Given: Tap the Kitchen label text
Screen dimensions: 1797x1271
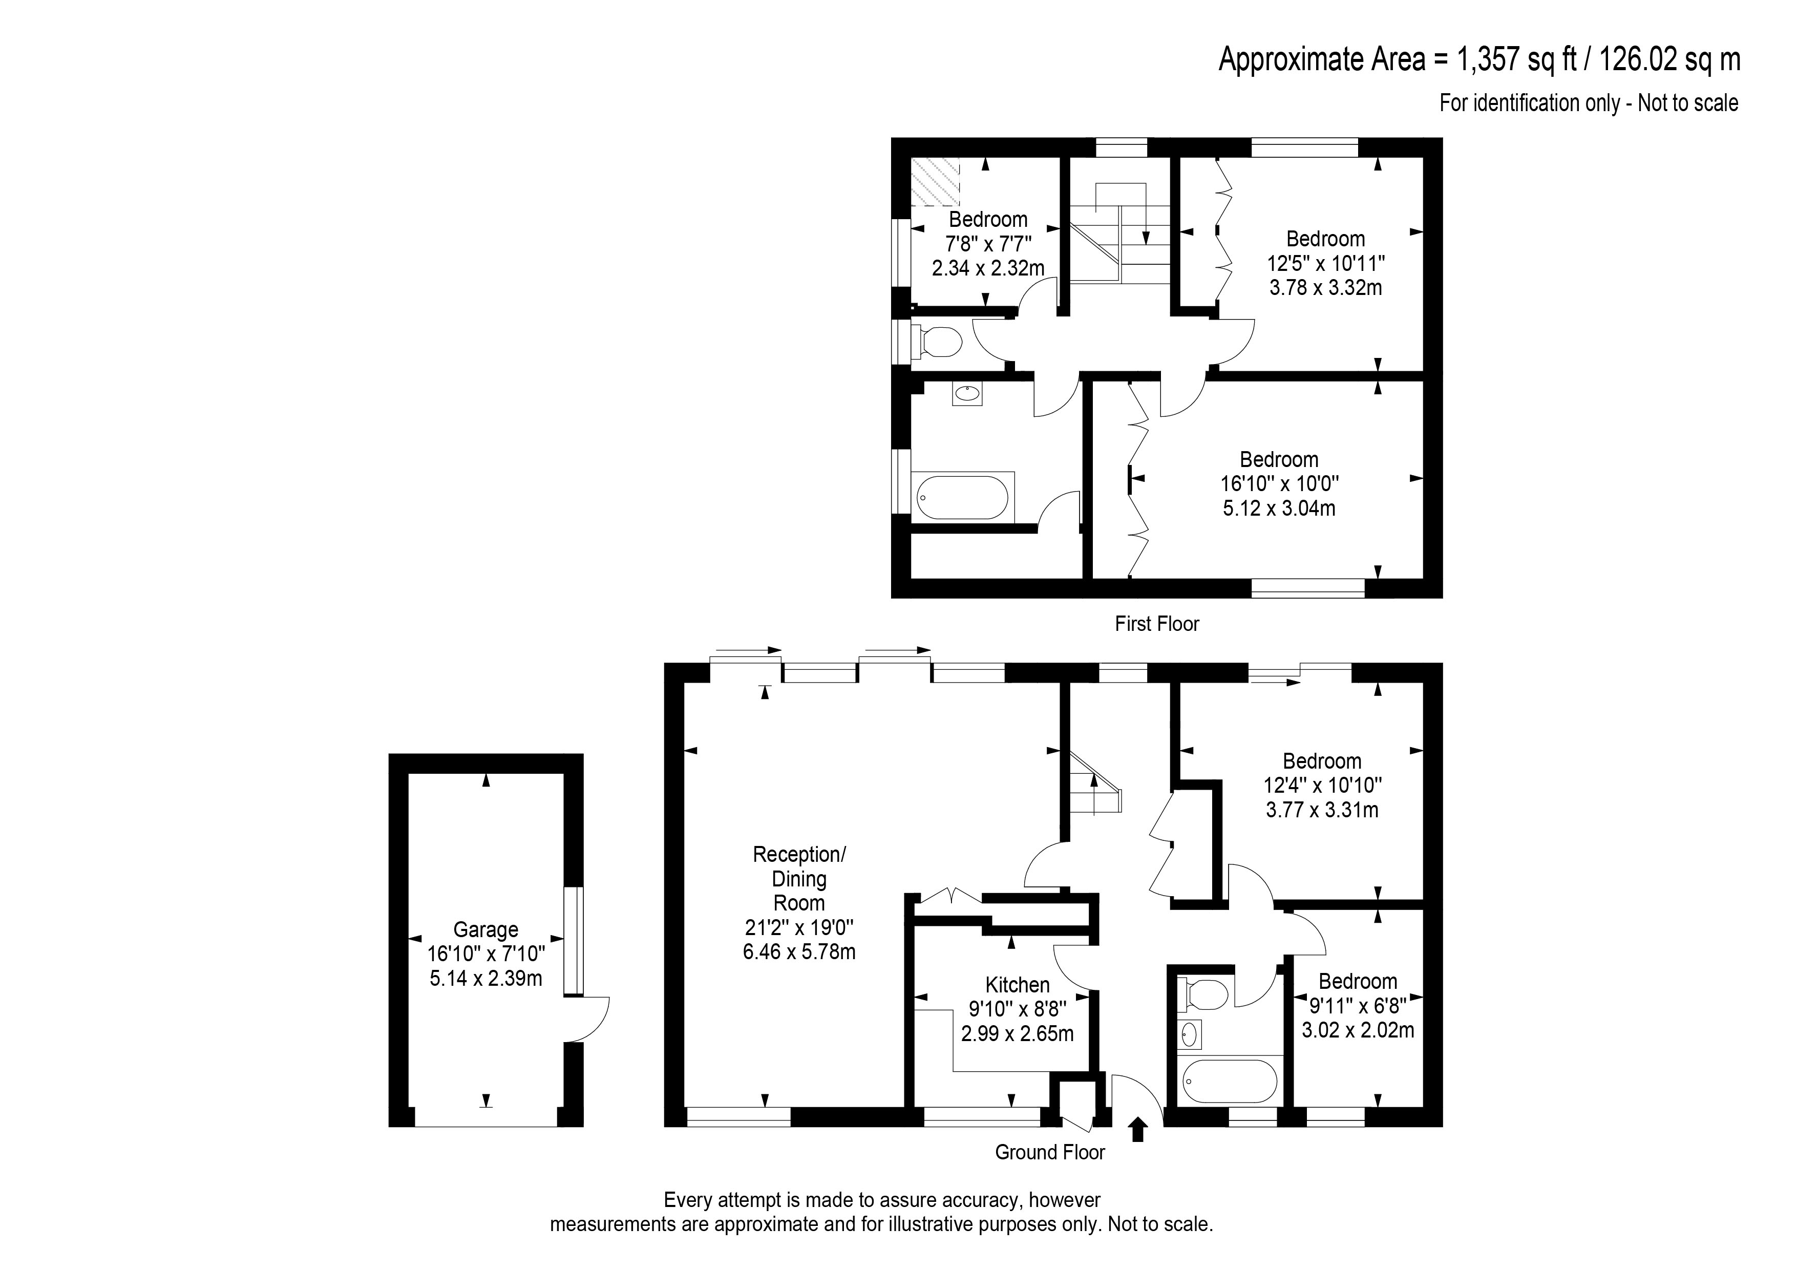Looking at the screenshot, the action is (x=1018, y=985).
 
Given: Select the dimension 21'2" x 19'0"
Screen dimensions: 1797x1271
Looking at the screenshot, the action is (x=798, y=927).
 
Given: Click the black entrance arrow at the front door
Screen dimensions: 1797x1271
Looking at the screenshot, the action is (x=1138, y=1130).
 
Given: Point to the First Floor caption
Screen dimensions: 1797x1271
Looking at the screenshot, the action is (x=1157, y=624).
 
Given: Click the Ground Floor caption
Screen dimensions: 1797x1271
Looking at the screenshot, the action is (x=1049, y=1152).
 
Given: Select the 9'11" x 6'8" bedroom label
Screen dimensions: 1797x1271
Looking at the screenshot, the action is (x=1358, y=982).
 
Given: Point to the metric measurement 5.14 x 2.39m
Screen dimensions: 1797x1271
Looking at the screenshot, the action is (x=485, y=978).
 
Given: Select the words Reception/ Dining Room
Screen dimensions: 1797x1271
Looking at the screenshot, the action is (x=798, y=878).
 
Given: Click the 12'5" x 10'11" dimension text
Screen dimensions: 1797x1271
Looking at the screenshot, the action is (x=1325, y=263).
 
